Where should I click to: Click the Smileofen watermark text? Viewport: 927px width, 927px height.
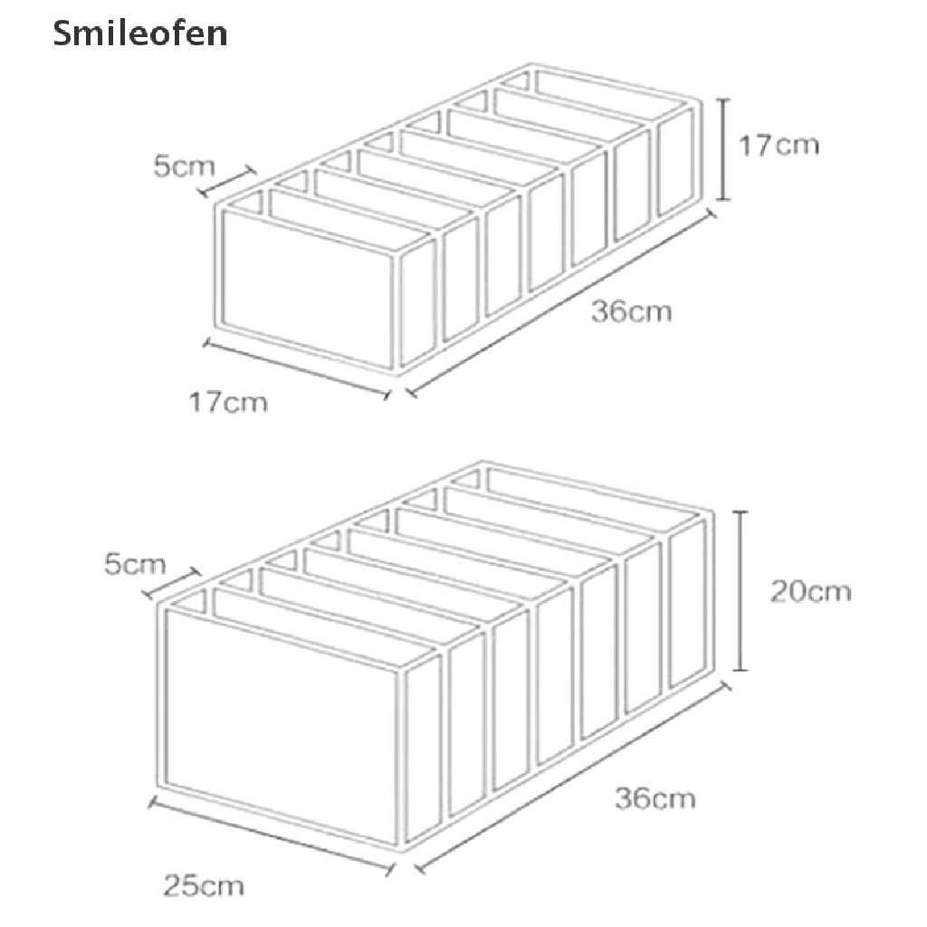coord(139,34)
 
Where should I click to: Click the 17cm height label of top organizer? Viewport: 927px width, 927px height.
coord(779,144)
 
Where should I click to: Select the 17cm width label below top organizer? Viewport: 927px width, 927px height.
coord(228,401)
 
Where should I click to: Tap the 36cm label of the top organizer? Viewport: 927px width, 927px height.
coord(632,311)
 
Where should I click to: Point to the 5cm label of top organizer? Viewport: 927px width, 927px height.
coord(184,167)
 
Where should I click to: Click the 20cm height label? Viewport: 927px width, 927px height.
coord(810,591)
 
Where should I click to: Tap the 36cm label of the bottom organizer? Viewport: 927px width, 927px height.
coord(655,798)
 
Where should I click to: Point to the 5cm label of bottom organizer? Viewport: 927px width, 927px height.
coord(135,565)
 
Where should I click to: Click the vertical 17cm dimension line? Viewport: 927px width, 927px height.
coord(723,149)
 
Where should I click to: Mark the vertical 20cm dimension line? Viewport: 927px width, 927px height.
coord(741,590)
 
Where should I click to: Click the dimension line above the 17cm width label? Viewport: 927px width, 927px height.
coord(296,368)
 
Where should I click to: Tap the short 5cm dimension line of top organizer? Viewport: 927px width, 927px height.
coord(228,181)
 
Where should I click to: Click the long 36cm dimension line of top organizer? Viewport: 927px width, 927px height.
coord(561,304)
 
